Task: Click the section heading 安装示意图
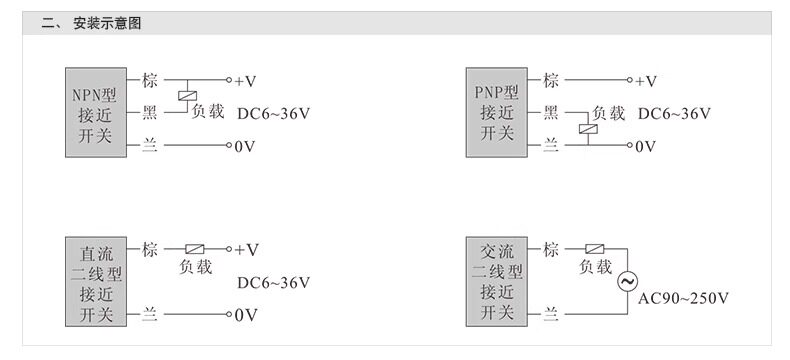click(x=107, y=23)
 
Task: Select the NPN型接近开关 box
click(x=96, y=112)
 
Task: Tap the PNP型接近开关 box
click(x=497, y=112)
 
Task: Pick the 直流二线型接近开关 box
click(x=96, y=281)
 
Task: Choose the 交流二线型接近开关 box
click(x=497, y=281)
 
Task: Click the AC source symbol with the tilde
click(x=628, y=282)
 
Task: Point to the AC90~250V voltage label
click(x=683, y=299)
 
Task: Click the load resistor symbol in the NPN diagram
click(x=187, y=96)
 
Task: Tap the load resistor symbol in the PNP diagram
click(x=588, y=129)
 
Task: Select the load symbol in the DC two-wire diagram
click(x=194, y=249)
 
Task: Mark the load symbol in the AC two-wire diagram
click(x=595, y=249)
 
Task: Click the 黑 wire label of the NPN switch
click(x=150, y=113)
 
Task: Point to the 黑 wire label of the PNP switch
click(x=551, y=113)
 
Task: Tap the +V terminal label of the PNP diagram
click(x=646, y=81)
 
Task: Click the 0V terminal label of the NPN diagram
click(x=245, y=147)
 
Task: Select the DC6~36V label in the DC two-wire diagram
click(x=274, y=282)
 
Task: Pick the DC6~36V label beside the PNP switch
click(x=674, y=113)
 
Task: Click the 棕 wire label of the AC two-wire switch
click(x=551, y=249)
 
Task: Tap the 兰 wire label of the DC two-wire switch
click(x=150, y=315)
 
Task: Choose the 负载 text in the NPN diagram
click(x=208, y=111)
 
